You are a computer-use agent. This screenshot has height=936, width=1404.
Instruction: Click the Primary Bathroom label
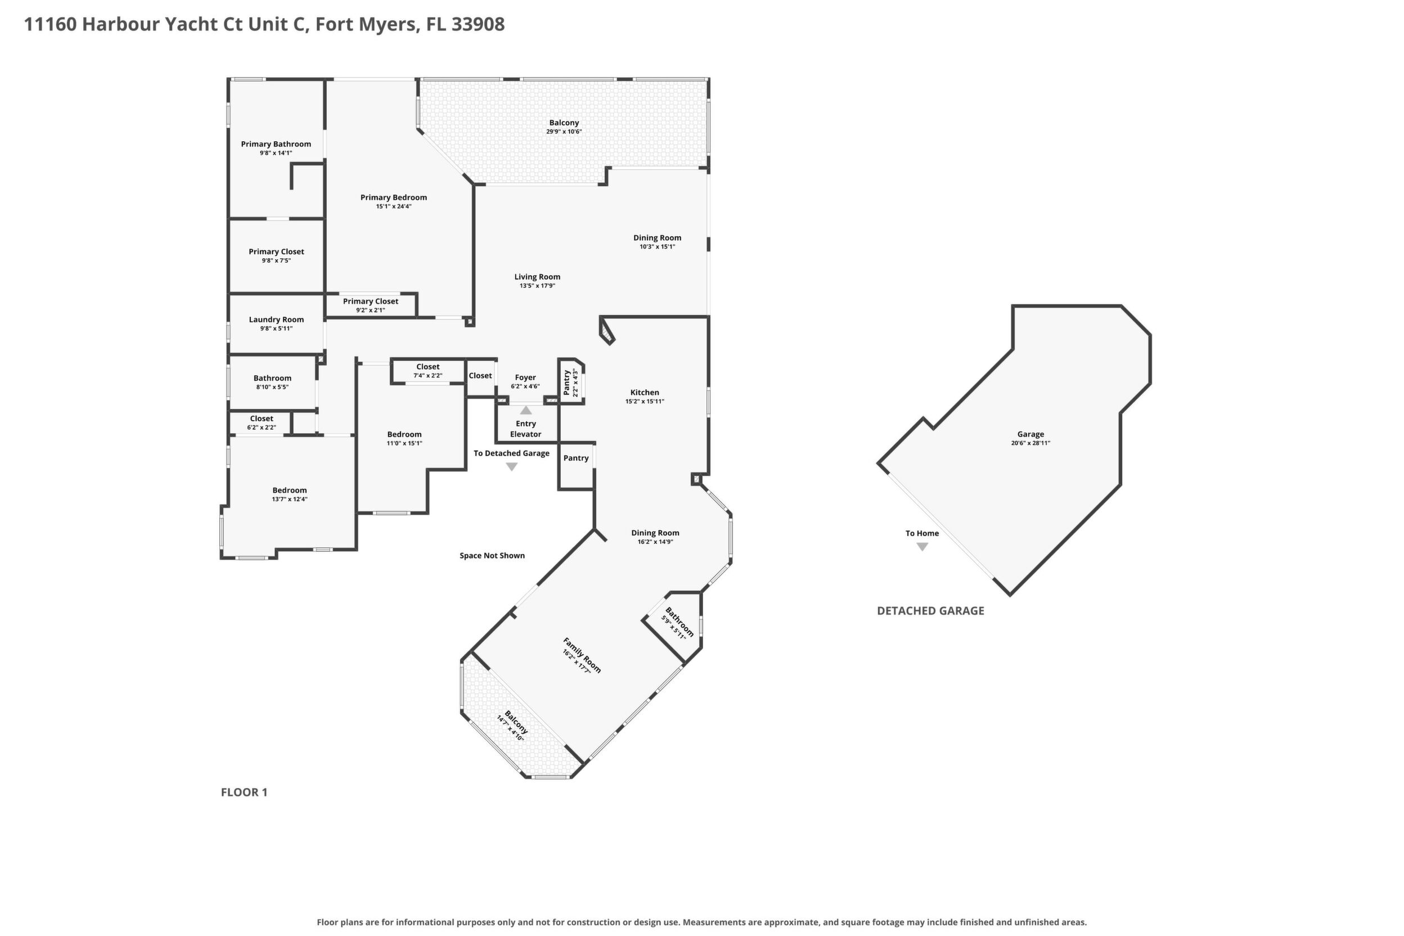pos(276,144)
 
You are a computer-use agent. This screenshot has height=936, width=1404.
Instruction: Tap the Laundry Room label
pos(276,319)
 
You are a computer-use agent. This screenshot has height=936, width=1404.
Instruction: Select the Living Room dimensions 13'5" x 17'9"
pos(537,286)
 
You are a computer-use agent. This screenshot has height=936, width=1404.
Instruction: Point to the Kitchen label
pos(645,392)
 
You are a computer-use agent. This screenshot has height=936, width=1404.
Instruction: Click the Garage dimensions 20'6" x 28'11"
pos(1030,443)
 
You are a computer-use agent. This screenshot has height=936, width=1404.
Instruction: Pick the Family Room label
pos(582,655)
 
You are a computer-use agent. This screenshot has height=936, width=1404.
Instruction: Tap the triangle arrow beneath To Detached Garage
pos(511,467)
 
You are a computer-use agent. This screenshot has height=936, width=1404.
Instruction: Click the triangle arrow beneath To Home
pos(922,547)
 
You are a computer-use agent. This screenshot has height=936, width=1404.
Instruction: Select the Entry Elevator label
pos(526,429)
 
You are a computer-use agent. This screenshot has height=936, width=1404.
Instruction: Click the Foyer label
pos(525,377)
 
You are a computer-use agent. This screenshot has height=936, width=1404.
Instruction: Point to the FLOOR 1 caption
pos(244,792)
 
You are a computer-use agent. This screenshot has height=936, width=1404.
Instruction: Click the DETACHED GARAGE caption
pos(930,611)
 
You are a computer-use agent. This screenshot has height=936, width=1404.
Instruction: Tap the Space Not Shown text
pos(492,556)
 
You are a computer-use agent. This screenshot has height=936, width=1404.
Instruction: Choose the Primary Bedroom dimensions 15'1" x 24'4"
pos(393,206)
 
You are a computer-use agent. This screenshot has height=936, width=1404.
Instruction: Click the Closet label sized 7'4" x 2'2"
pos(428,367)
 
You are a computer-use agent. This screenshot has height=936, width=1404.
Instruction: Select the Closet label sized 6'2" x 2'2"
pos(262,418)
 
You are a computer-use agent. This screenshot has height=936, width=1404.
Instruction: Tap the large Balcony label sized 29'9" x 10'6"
pos(564,123)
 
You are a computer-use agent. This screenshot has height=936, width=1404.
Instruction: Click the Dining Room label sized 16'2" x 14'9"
pos(655,533)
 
